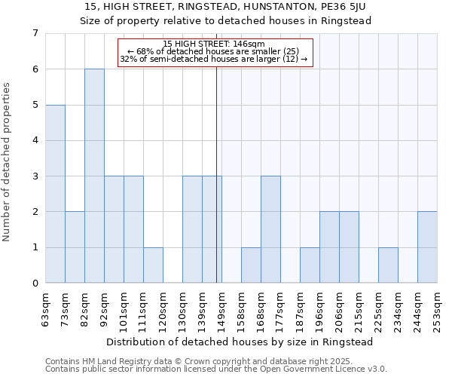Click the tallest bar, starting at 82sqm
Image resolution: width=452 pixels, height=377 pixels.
click(94, 176)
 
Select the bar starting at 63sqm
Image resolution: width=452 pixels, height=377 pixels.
click(55, 194)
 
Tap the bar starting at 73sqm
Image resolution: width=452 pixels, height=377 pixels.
click(75, 247)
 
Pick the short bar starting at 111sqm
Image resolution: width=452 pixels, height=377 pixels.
click(153, 265)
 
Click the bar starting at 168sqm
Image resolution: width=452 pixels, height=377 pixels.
click(270, 229)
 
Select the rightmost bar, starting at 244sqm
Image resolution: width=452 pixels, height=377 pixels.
click(427, 247)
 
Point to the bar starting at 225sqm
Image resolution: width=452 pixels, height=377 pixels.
click(388, 265)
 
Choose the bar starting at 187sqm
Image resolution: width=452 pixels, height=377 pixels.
click(310, 265)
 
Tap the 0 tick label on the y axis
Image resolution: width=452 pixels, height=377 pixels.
click(35, 284)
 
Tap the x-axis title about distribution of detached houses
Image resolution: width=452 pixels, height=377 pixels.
click(240, 342)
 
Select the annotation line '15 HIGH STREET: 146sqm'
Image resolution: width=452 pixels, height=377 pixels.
click(214, 44)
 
